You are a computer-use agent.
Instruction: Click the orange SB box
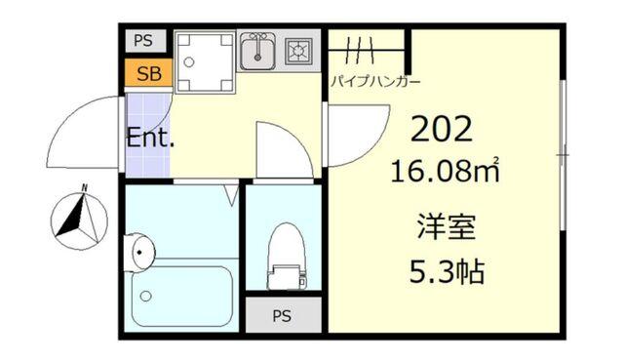(x=148, y=73)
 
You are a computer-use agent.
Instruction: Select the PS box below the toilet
(x=282, y=315)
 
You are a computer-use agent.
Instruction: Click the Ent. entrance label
(x=149, y=138)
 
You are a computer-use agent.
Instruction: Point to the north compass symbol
(x=80, y=217)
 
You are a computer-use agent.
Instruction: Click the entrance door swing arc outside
(x=83, y=131)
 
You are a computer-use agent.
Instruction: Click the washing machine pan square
(x=206, y=61)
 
